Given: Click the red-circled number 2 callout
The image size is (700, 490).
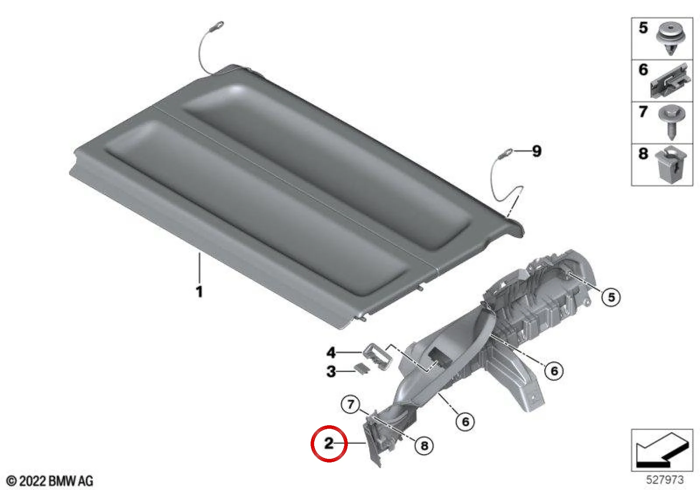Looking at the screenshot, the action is (x=329, y=443).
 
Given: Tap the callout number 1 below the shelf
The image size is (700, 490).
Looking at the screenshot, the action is (x=199, y=291).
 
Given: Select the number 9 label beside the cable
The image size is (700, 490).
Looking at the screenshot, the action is (x=536, y=151).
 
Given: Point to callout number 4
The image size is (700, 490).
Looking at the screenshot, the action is (x=331, y=353).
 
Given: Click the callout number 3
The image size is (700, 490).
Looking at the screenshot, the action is (x=331, y=371).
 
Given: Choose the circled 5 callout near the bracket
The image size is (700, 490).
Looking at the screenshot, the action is (x=611, y=297).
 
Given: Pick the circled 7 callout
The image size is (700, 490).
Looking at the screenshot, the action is (x=350, y=405).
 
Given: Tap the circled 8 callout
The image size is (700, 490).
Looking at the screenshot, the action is (x=424, y=446).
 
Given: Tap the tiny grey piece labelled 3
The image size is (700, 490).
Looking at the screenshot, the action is (x=361, y=368).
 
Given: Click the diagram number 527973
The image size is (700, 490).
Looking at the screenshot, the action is (x=665, y=479).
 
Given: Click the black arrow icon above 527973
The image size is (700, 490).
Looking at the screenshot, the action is (x=662, y=450).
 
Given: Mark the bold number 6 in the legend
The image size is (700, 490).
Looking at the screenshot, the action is (x=643, y=70).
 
